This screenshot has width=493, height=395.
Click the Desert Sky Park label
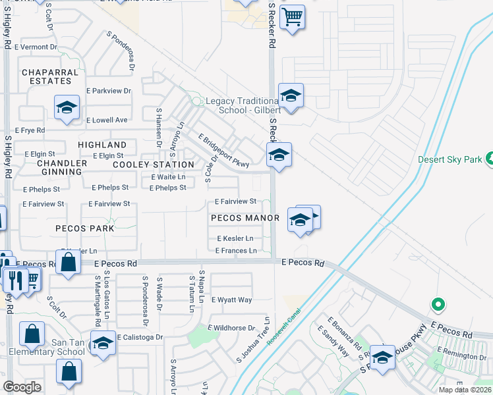click(x=451, y=160)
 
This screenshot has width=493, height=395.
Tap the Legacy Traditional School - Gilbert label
click(x=234, y=105)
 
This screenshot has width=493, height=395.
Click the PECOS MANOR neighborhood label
click(x=241, y=217)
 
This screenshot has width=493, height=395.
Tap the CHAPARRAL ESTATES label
click(x=46, y=76)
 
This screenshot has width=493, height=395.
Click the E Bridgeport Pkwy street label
click(x=224, y=151)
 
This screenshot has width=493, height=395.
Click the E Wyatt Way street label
click(x=231, y=300)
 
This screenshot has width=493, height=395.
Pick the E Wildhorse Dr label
click(x=231, y=328)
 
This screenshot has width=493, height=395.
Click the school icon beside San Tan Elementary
click(x=103, y=344)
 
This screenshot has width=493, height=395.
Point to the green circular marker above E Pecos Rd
click(x=436, y=305)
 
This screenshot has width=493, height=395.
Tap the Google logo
click(x=22, y=387)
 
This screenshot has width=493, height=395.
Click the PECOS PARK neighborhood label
click(x=85, y=228)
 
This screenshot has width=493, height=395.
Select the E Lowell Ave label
click(x=107, y=120)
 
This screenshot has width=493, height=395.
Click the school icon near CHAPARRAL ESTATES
click(x=67, y=107)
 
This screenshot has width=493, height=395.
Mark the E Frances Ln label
click(x=236, y=251)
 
